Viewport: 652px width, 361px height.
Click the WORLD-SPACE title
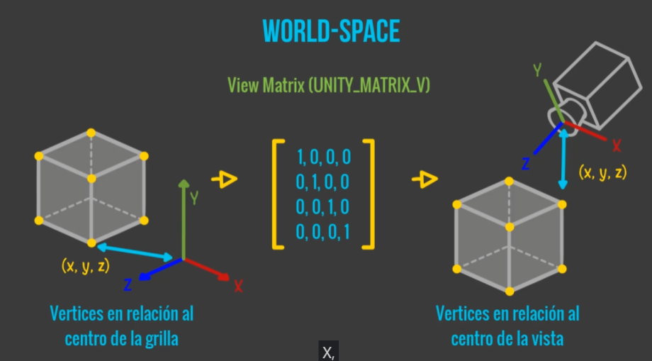pos(331,31)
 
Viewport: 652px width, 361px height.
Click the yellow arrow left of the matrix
pos(225,179)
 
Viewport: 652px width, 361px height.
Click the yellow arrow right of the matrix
pos(425,179)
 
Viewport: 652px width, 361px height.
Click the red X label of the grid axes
pos(238,286)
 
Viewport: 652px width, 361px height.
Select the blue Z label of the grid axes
pos(128,285)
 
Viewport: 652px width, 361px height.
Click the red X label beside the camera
pos(617,145)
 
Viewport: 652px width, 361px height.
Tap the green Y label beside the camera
pos(537,70)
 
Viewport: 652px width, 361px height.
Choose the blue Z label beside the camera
pos(526,164)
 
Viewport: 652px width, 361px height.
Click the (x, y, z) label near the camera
pos(602,172)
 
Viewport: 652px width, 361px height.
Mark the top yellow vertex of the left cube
pos(91,133)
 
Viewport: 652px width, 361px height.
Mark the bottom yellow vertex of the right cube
pos(510,291)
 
